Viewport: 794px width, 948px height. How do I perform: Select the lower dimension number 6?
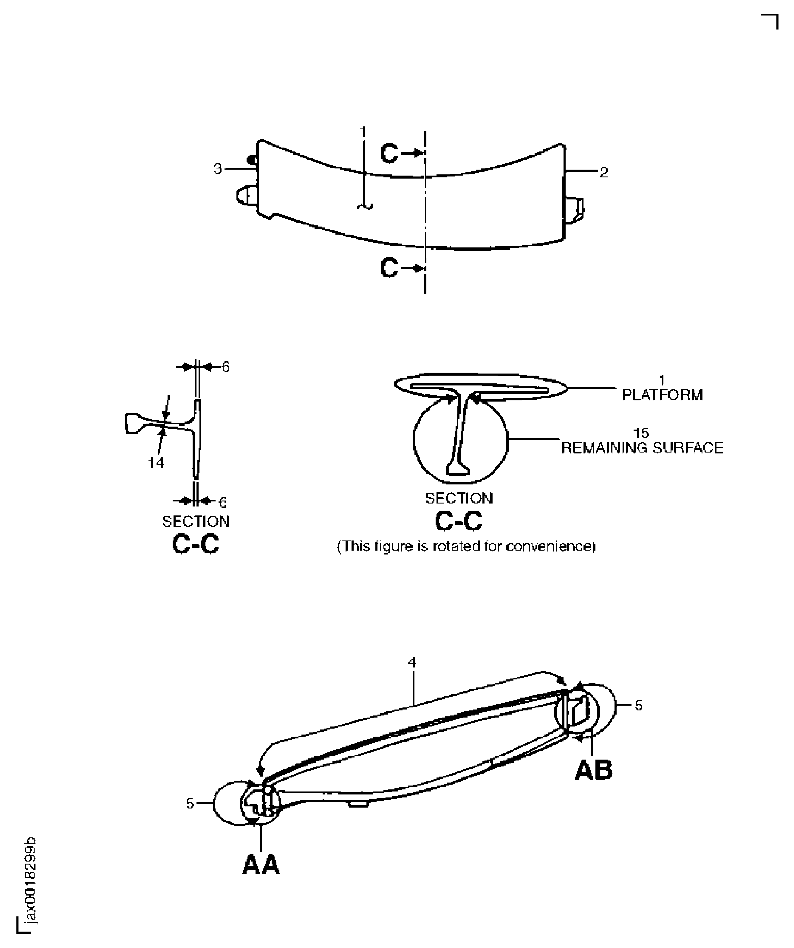[x=222, y=502]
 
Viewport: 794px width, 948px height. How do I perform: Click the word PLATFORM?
[x=662, y=395]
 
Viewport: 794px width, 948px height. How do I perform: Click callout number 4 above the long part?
[x=412, y=662]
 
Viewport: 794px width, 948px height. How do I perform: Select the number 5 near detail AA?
[x=190, y=803]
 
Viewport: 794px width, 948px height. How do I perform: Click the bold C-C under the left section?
[x=196, y=544]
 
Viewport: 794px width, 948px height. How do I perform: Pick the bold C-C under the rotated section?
[x=458, y=521]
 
